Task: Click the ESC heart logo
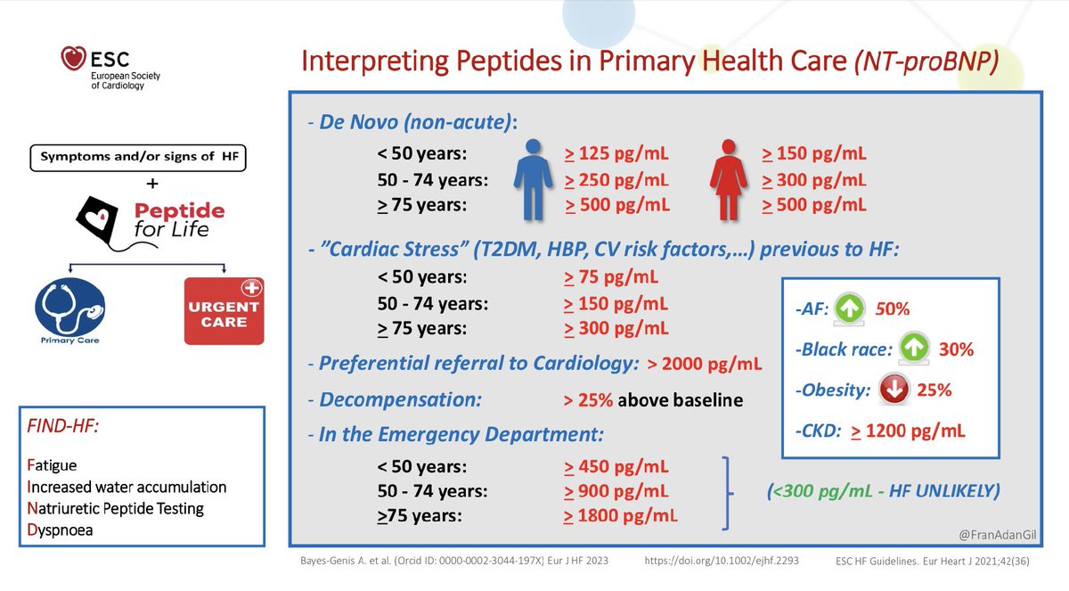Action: coord(72,60)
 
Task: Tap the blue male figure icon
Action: coord(533,179)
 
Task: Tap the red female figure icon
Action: coord(729,179)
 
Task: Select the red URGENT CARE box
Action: coord(224,311)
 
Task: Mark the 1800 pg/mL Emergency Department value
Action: coord(616,515)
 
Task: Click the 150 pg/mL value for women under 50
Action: coord(814,153)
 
